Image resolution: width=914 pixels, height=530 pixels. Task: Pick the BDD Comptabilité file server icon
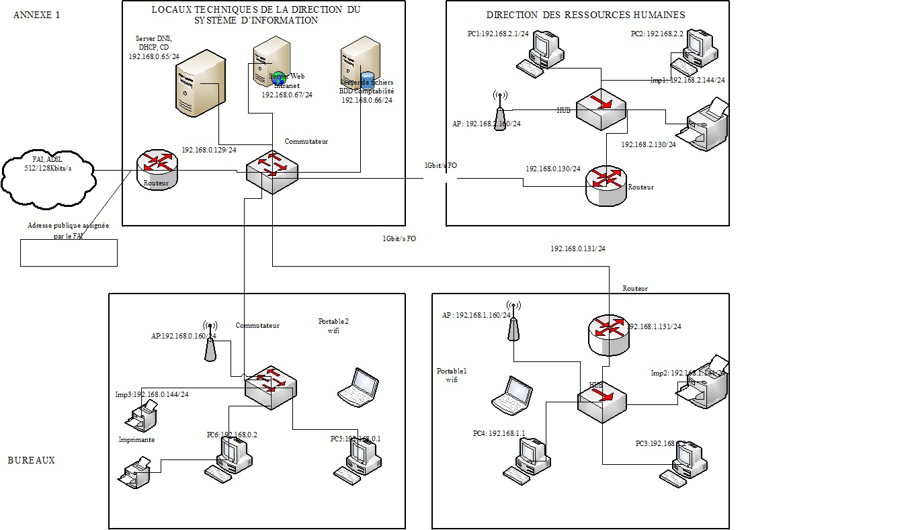pyautogui.click(x=357, y=64)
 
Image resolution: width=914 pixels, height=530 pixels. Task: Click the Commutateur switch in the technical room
pyautogui.click(x=271, y=172)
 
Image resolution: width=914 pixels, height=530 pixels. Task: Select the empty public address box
pyautogui.click(x=69, y=252)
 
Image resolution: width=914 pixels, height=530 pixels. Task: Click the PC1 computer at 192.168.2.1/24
pyautogui.click(x=543, y=54)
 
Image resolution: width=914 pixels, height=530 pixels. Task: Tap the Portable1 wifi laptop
pyautogui.click(x=512, y=394)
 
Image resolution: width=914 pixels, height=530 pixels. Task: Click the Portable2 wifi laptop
pyautogui.click(x=358, y=388)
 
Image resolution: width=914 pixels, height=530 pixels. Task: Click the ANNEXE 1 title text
pyautogui.click(x=37, y=15)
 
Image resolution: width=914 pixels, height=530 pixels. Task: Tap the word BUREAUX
pyautogui.click(x=32, y=461)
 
